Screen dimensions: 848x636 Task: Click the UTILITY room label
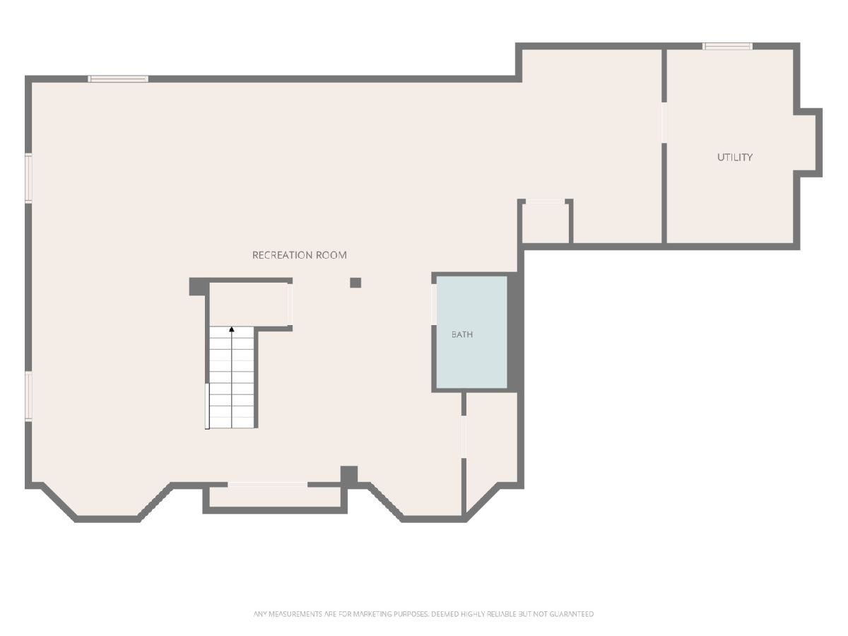point(734,157)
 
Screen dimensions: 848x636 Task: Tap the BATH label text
point(461,334)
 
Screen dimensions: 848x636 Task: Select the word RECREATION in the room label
point(283,255)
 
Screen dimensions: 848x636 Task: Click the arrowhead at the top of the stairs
point(232,329)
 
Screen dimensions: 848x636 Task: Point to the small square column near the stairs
point(355,283)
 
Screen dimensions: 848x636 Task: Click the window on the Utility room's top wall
point(727,47)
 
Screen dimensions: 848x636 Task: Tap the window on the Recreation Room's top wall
point(118,78)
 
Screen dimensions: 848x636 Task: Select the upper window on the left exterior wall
point(28,177)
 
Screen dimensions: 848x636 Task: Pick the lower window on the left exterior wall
point(28,396)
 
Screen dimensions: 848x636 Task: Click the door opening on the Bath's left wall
point(434,305)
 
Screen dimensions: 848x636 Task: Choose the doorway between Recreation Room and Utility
point(664,122)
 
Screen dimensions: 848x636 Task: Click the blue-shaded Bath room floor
point(471,332)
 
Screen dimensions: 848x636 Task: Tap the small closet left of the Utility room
point(545,223)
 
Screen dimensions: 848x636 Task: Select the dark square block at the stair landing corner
point(199,286)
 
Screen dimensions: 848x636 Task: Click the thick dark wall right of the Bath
point(515,332)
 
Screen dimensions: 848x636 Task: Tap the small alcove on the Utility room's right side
point(808,143)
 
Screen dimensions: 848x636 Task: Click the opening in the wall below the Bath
point(464,437)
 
